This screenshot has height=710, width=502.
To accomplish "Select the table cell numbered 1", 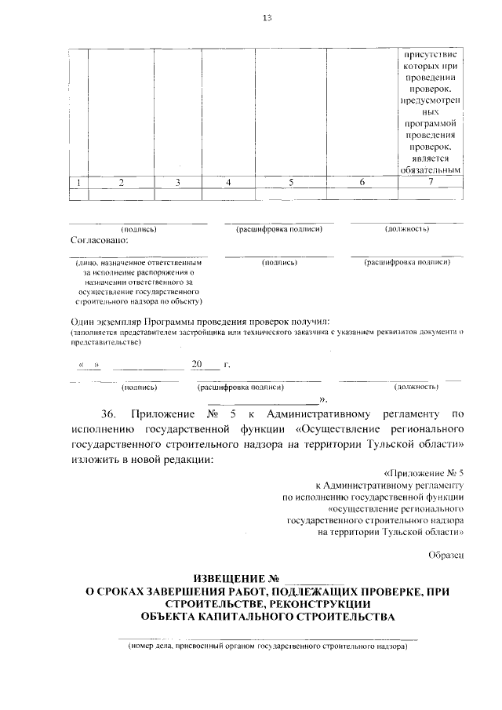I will click(x=78, y=183).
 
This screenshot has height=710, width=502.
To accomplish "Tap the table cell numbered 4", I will click(x=228, y=183).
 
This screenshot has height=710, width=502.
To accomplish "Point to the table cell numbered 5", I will click(x=291, y=183).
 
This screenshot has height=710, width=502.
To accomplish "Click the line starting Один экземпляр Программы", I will click(x=201, y=322).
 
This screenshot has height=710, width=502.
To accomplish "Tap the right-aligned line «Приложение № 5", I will click(x=425, y=475).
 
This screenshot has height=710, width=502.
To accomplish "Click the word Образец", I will click(x=446, y=555).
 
